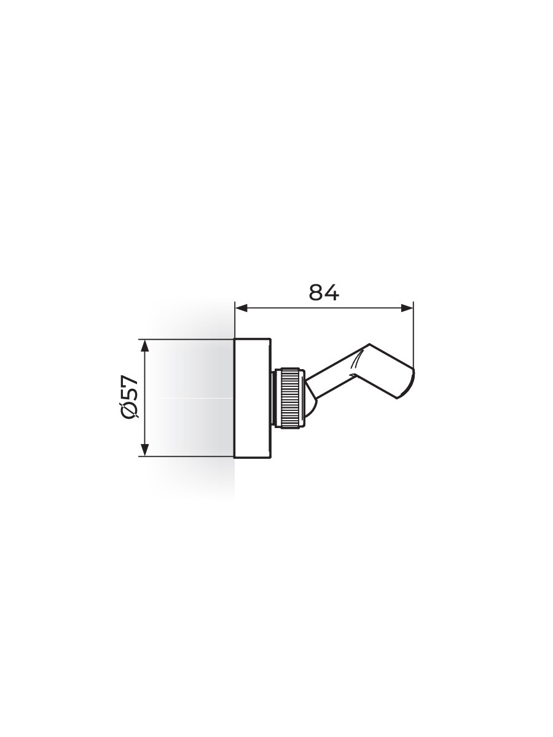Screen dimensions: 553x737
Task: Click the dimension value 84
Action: click(x=324, y=292)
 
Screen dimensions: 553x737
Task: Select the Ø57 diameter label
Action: click(x=131, y=397)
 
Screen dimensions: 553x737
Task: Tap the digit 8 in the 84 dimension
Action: click(x=316, y=292)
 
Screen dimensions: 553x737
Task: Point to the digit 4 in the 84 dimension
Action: click(x=332, y=292)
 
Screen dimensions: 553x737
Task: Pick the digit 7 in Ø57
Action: click(x=131, y=381)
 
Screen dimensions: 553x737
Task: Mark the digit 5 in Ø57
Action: click(x=131, y=394)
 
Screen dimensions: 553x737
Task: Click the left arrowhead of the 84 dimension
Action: click(x=241, y=308)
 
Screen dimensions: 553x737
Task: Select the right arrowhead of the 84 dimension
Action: click(x=407, y=308)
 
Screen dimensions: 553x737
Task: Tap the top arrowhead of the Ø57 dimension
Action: click(x=145, y=346)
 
